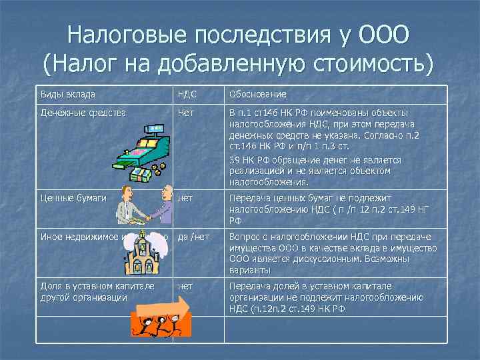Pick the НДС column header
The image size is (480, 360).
pyautogui.click(x=187, y=94)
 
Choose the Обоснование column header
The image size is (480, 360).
pyautogui.click(x=258, y=94)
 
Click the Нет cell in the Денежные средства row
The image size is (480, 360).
pyautogui.click(x=186, y=113)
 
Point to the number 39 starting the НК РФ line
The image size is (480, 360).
pyautogui.click(x=235, y=161)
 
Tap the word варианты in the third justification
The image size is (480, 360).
pyautogui.click(x=249, y=270)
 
